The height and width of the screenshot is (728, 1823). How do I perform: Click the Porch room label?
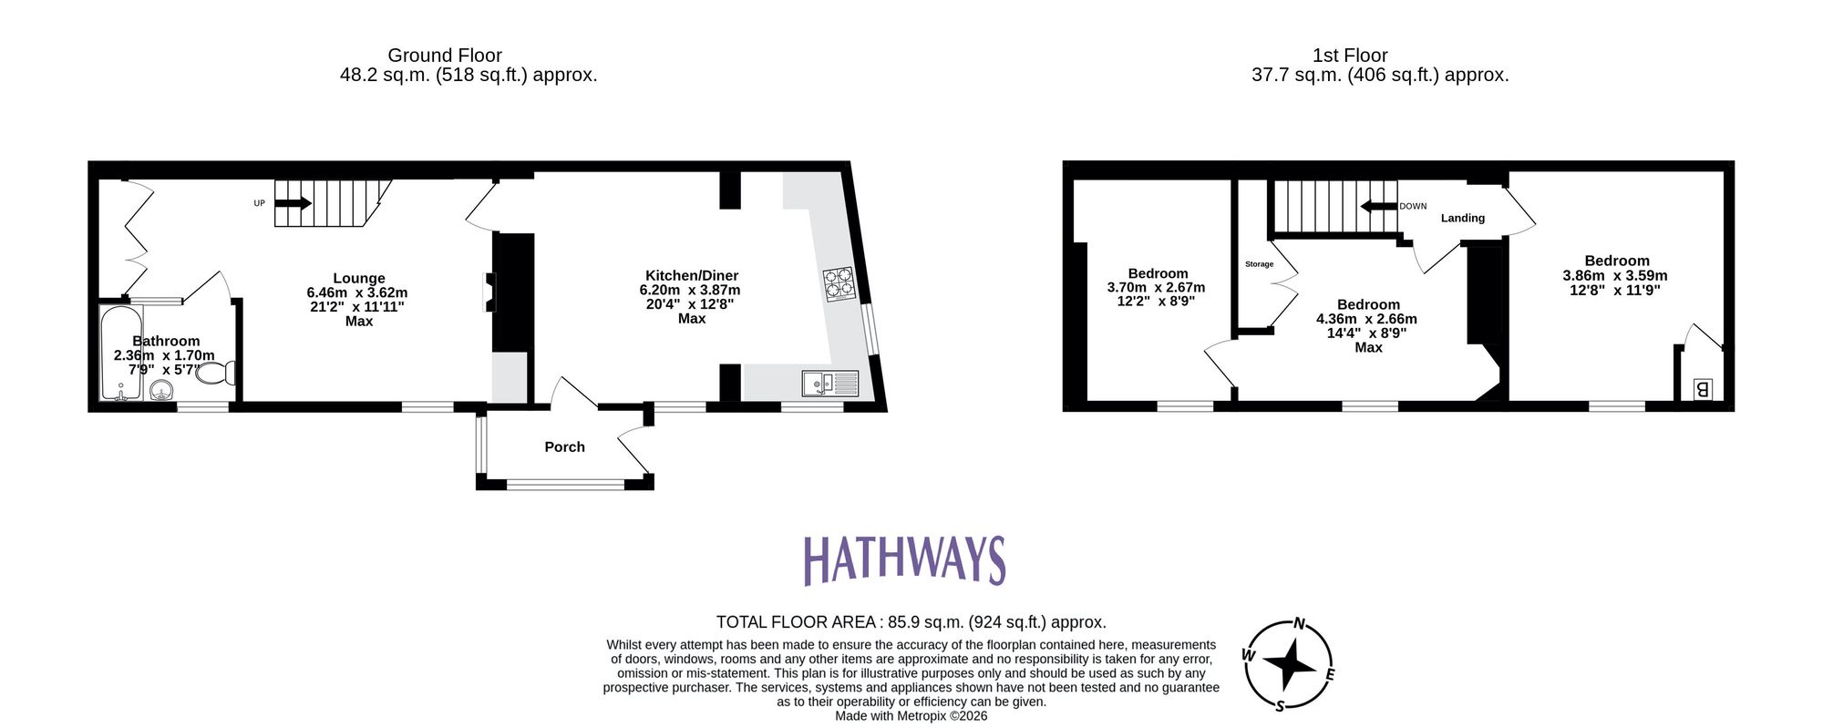[564, 447]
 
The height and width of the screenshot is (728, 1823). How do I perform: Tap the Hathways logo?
[904, 560]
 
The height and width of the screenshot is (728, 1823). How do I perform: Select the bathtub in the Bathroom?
[120, 354]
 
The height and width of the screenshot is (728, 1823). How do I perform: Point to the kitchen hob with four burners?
[839, 282]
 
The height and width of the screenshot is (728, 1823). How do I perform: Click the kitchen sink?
[830, 384]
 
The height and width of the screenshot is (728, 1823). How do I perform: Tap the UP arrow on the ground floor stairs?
[293, 203]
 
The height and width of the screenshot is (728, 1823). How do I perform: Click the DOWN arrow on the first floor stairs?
[1378, 207]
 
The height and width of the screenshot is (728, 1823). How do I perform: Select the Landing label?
[1462, 218]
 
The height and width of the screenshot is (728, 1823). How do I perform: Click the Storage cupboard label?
[1259, 264]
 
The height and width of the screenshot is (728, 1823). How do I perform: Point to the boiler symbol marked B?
[1701, 390]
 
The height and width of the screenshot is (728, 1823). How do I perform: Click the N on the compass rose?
[1300, 624]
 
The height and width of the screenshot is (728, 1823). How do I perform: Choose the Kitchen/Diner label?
[692, 275]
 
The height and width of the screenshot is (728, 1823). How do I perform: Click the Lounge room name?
[358, 279]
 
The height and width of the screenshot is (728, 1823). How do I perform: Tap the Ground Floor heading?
[445, 56]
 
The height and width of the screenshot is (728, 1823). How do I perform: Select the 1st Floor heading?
[1350, 56]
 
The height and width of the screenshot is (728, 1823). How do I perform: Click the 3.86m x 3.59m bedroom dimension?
[1615, 275]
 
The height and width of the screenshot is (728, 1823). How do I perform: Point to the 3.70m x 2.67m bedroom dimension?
[1156, 287]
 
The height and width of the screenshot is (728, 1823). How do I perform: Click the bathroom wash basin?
[161, 392]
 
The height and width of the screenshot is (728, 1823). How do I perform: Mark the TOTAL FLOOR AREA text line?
[911, 622]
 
